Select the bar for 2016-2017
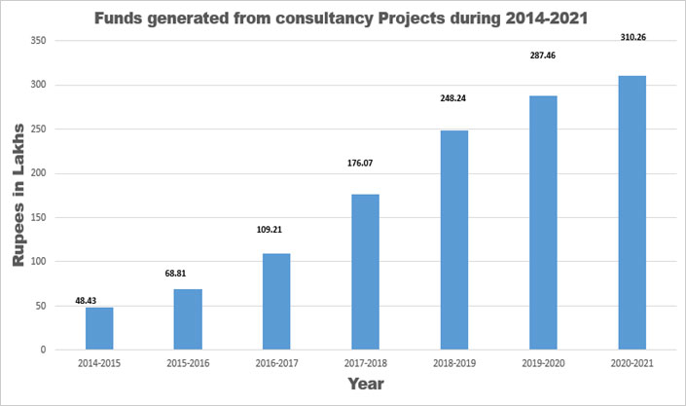[x=275, y=301]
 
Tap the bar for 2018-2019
[x=453, y=240]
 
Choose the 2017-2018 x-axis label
[x=364, y=362]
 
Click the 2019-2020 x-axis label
[x=543, y=362]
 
